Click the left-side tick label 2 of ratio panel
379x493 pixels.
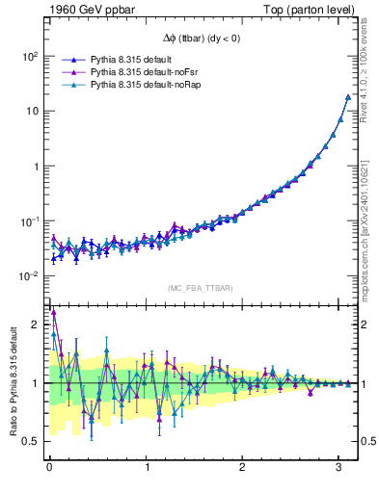(x=37, y=324)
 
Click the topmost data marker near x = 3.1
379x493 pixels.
(x=348, y=97)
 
